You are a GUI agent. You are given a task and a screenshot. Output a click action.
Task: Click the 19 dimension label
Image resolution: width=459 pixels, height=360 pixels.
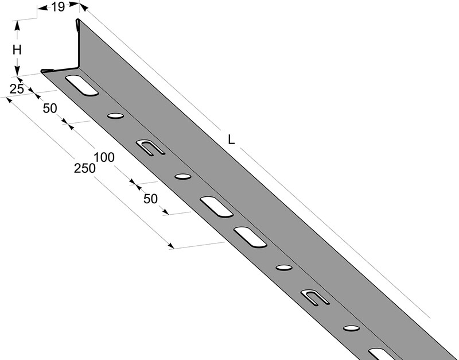click(58, 7)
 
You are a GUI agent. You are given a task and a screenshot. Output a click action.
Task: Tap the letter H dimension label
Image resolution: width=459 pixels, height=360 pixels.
click(17, 50)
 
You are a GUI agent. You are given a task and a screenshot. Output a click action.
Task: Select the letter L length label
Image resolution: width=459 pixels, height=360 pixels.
click(231, 140)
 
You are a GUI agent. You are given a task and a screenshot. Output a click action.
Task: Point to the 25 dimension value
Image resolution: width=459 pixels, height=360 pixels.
click(17, 89)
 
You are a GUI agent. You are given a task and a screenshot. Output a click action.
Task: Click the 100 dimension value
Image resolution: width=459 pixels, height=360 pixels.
click(104, 157)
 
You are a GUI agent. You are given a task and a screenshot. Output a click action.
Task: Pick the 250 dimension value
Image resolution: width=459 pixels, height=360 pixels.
click(84, 168)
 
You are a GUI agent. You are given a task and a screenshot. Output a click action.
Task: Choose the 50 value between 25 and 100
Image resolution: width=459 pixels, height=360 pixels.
click(50, 109)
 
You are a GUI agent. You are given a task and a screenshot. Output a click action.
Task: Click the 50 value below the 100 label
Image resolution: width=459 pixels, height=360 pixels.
click(150, 199)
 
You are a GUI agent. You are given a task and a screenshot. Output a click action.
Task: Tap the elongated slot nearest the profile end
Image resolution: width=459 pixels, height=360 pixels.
click(81, 85)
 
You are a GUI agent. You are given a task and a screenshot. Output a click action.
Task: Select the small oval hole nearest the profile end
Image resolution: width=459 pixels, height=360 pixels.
click(115, 116)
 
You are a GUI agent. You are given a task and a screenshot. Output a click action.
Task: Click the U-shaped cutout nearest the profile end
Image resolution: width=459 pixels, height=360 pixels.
click(150, 148)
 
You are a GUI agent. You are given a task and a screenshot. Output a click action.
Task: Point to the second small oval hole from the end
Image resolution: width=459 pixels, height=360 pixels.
click(183, 177)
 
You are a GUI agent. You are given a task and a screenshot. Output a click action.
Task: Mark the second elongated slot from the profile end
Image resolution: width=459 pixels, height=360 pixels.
click(217, 207)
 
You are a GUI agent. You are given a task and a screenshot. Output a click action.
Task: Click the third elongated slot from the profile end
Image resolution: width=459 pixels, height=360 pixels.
click(250, 237)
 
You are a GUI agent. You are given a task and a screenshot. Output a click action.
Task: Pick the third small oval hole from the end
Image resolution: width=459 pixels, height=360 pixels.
click(284, 268)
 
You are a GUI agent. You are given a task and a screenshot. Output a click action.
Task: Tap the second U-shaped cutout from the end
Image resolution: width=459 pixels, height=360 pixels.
click(315, 297)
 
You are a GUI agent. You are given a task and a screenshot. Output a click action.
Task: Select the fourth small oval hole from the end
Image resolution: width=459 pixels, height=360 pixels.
click(351, 328)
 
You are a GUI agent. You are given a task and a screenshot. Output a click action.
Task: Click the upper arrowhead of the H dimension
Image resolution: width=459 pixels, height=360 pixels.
click(17, 26)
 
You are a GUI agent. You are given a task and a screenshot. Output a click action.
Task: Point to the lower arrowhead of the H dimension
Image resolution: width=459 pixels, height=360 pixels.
click(17, 71)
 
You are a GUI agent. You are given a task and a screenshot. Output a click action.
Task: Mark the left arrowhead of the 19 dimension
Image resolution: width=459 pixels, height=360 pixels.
click(42, 8)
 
